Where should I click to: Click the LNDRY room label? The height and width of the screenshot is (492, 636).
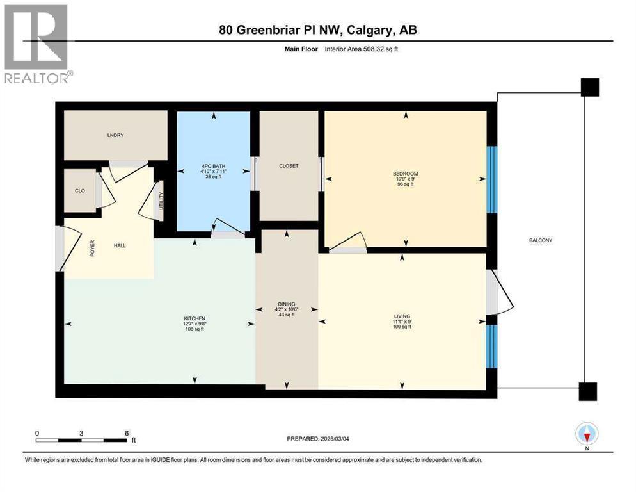coord(116,135)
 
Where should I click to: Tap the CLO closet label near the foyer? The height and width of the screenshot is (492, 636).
coord(80,190)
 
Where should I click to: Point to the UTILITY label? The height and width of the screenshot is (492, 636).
coord(161,201)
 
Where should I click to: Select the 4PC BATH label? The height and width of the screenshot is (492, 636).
coord(213,166)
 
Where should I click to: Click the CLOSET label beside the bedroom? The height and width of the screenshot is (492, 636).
coord(289,166)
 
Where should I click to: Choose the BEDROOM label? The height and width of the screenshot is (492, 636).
coord(406,174)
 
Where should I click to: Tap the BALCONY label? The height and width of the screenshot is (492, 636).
coord(541,240)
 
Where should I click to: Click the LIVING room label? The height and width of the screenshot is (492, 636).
coord(402,316)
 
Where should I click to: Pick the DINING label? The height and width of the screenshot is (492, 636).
coord(287,304)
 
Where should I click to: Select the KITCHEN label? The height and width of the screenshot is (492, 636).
coord(195,318)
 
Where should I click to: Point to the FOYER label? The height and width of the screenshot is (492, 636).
coord(93,248)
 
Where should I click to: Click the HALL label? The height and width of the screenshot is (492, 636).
coord(120,245)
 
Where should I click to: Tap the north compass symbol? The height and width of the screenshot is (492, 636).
coord(587,434)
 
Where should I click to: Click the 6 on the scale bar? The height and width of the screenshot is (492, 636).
coord(127,433)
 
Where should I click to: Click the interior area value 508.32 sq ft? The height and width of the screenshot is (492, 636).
coord(381,49)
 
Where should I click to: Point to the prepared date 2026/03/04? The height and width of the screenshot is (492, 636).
coord(335,439)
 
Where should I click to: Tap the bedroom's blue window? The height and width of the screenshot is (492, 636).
coord(491,179)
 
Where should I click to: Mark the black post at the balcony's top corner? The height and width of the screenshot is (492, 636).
coord(590,87)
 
